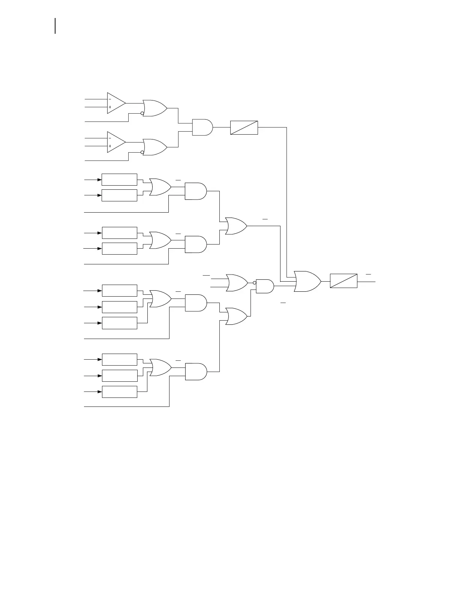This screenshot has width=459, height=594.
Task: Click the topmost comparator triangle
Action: pyautogui.click(x=115, y=103)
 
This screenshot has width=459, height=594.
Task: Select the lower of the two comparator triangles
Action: pyautogui.click(x=115, y=142)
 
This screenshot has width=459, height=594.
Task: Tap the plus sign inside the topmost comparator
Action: pyautogui.click(x=110, y=107)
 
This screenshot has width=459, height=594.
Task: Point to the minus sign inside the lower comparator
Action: pyautogui.click(x=110, y=138)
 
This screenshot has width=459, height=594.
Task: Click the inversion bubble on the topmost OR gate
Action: pyautogui.click(x=142, y=113)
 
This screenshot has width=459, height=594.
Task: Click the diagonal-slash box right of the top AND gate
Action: pyautogui.click(x=244, y=127)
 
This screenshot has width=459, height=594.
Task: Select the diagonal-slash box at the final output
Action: pyautogui.click(x=343, y=281)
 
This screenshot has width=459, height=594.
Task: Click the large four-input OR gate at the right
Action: pyautogui.click(x=307, y=281)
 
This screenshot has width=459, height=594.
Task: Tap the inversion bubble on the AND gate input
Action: pyautogui.click(x=254, y=283)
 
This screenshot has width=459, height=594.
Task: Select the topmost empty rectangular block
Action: pyautogui.click(x=119, y=180)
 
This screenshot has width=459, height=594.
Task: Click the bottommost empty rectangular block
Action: pyautogui.click(x=119, y=391)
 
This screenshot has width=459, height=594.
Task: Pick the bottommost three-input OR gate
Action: pyautogui.click(x=160, y=367)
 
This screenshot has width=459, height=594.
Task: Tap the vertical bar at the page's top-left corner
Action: pyautogui.click(x=55, y=25)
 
